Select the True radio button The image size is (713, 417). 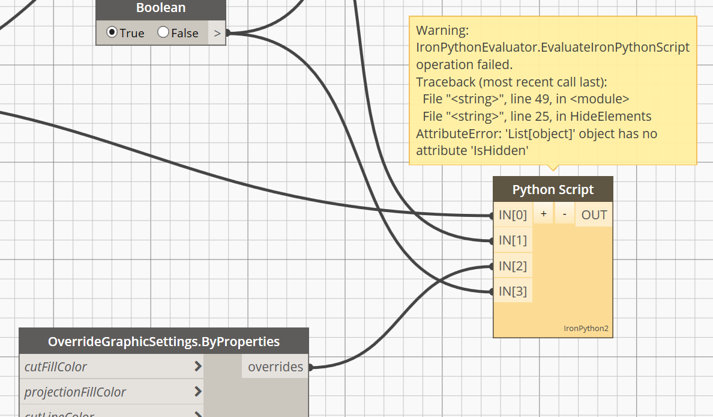[x=112, y=32]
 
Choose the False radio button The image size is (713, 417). [x=163, y=32]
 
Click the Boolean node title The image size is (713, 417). [x=161, y=8]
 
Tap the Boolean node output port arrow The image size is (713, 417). [x=217, y=33]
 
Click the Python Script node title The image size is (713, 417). [x=553, y=190]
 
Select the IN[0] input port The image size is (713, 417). [x=513, y=215]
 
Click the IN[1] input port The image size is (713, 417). [x=513, y=240]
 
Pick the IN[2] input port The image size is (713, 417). [x=513, y=266]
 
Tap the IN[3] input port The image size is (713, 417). [x=513, y=291]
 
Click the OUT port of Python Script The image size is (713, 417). [x=594, y=215]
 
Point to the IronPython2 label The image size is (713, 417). [x=586, y=329]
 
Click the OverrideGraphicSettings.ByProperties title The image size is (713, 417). [x=163, y=341]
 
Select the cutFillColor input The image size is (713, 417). [x=56, y=367]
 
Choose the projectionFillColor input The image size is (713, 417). [x=75, y=392]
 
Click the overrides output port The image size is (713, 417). [x=275, y=367]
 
